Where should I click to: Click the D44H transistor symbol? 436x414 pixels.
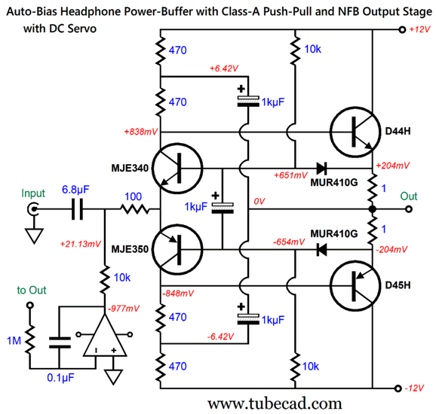[355, 132]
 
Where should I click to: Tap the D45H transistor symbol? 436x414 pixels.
[355, 286]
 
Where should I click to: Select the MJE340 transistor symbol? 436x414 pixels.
[177, 168]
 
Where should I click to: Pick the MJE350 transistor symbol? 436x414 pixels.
[177, 250]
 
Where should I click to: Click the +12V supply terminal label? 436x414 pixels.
[420, 29]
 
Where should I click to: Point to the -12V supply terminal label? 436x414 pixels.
[414, 388]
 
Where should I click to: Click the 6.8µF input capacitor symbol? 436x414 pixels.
[77, 209]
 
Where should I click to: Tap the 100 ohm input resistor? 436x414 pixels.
[135, 209]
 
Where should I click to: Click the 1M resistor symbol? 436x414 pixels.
[30, 339]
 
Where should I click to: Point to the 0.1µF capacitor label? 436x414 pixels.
[60, 378]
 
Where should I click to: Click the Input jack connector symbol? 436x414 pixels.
[33, 209]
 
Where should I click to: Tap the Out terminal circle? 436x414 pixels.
[409, 209]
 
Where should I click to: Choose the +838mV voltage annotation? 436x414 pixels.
[141, 132]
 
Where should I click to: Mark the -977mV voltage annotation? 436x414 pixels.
[124, 309]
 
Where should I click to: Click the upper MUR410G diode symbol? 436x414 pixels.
[321, 168]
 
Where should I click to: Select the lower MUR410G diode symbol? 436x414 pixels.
[321, 250]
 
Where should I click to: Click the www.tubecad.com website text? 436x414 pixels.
[275, 403]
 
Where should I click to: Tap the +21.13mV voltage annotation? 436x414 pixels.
[81, 244]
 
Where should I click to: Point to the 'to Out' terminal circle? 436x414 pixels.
[30, 305]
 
